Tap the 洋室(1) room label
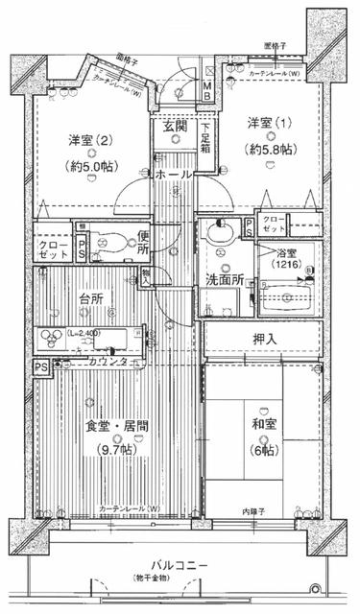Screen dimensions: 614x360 (x=270, y=123)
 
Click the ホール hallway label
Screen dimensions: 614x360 (x=173, y=176)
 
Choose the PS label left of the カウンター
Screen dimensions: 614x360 (x=40, y=366)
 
